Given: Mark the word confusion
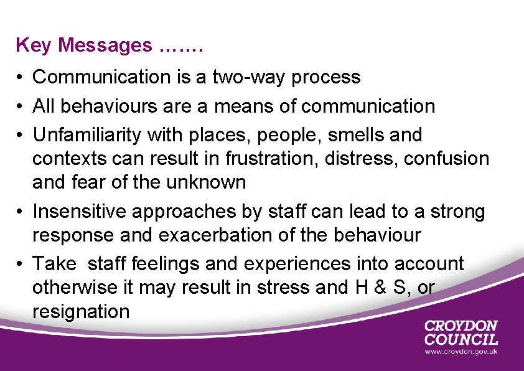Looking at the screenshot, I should coord(447,159).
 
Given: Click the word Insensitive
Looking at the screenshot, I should coord(80,212).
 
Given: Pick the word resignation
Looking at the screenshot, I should coord(81,311).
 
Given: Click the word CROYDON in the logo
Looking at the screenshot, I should coord(461,326).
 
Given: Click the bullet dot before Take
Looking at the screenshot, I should coord(21,264).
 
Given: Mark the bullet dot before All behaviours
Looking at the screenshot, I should coord(21,106).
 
